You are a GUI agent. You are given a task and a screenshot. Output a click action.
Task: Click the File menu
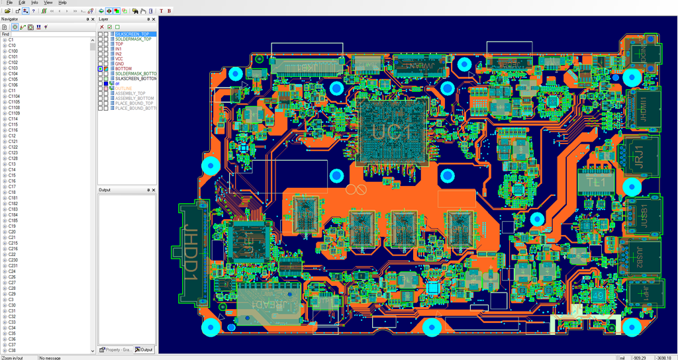(9, 3)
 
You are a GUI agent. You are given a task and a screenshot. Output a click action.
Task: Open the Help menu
(63, 3)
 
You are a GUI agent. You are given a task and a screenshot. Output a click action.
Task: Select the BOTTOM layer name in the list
(123, 69)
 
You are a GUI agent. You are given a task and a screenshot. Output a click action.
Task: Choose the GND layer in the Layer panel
(119, 64)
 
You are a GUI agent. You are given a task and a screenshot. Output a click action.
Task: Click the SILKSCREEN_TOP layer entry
(132, 34)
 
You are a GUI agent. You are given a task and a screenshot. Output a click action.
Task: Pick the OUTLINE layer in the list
(124, 88)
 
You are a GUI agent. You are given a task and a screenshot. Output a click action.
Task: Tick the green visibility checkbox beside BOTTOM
(100, 69)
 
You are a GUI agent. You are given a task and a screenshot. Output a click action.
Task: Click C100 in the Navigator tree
(13, 51)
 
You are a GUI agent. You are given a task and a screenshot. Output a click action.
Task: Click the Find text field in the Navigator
(50, 34)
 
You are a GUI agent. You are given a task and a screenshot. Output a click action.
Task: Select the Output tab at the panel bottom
(144, 349)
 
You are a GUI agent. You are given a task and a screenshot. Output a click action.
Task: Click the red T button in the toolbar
(161, 11)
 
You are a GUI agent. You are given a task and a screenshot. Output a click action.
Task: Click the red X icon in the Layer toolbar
(101, 27)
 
